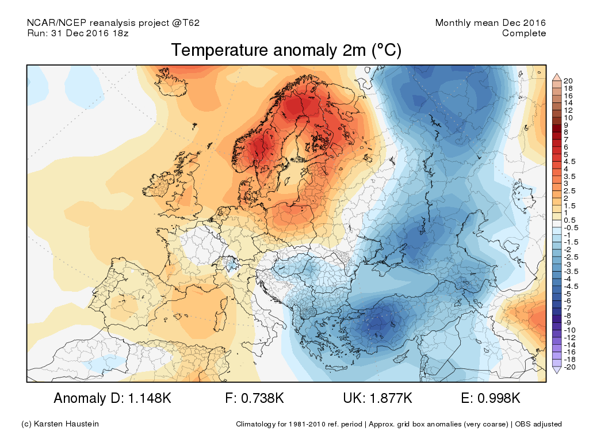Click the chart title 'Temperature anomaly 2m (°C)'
coord(286,51)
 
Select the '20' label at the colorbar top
coord(568,81)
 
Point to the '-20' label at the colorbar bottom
coord(569,367)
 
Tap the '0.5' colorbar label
coord(569,220)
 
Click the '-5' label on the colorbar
coord(568,294)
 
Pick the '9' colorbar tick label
coord(567,124)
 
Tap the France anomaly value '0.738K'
coord(262,398)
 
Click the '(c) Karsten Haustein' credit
coord(60,424)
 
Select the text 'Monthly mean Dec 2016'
coord(491,23)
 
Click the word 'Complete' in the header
coord(524,33)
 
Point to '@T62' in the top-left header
coord(186,23)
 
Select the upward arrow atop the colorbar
coord(556,76)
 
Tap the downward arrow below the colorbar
coord(556,371)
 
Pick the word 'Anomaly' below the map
coord(78,398)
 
